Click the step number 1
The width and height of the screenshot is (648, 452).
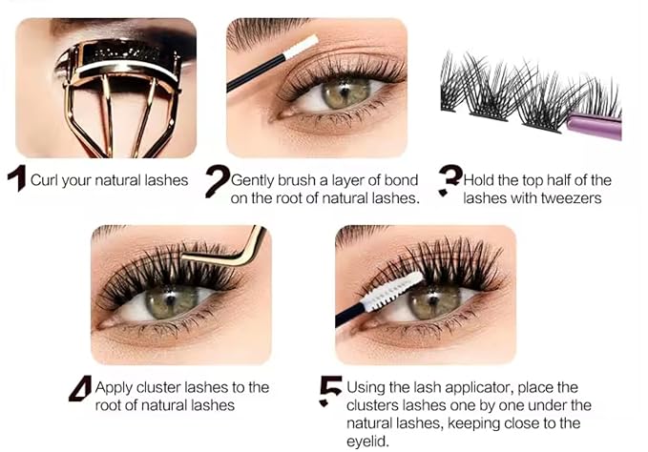coord(16,180)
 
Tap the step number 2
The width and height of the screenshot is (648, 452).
coord(218,180)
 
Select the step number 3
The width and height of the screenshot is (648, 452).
coord(449,180)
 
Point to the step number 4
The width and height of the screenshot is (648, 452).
coord(80,389)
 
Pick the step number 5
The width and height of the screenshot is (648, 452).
coord(330,389)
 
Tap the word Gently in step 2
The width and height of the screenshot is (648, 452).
coord(254,179)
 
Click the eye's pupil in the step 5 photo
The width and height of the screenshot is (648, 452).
coord(422,302)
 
